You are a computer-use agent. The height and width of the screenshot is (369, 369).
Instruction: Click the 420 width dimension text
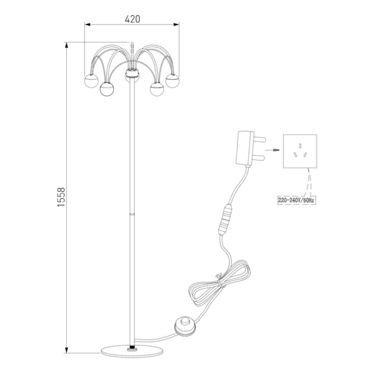click(x=132, y=19)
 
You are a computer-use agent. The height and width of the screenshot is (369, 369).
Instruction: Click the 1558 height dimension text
click(x=61, y=197)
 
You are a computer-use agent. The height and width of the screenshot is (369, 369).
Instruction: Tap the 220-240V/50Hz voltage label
click(x=296, y=200)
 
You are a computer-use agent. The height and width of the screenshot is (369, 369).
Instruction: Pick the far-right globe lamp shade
click(x=173, y=81)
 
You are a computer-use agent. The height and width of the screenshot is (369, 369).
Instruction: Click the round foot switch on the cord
click(x=185, y=326)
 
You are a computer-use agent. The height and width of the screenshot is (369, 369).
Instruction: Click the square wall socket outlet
click(x=300, y=151)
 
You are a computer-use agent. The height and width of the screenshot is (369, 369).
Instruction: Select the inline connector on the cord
click(x=225, y=220)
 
